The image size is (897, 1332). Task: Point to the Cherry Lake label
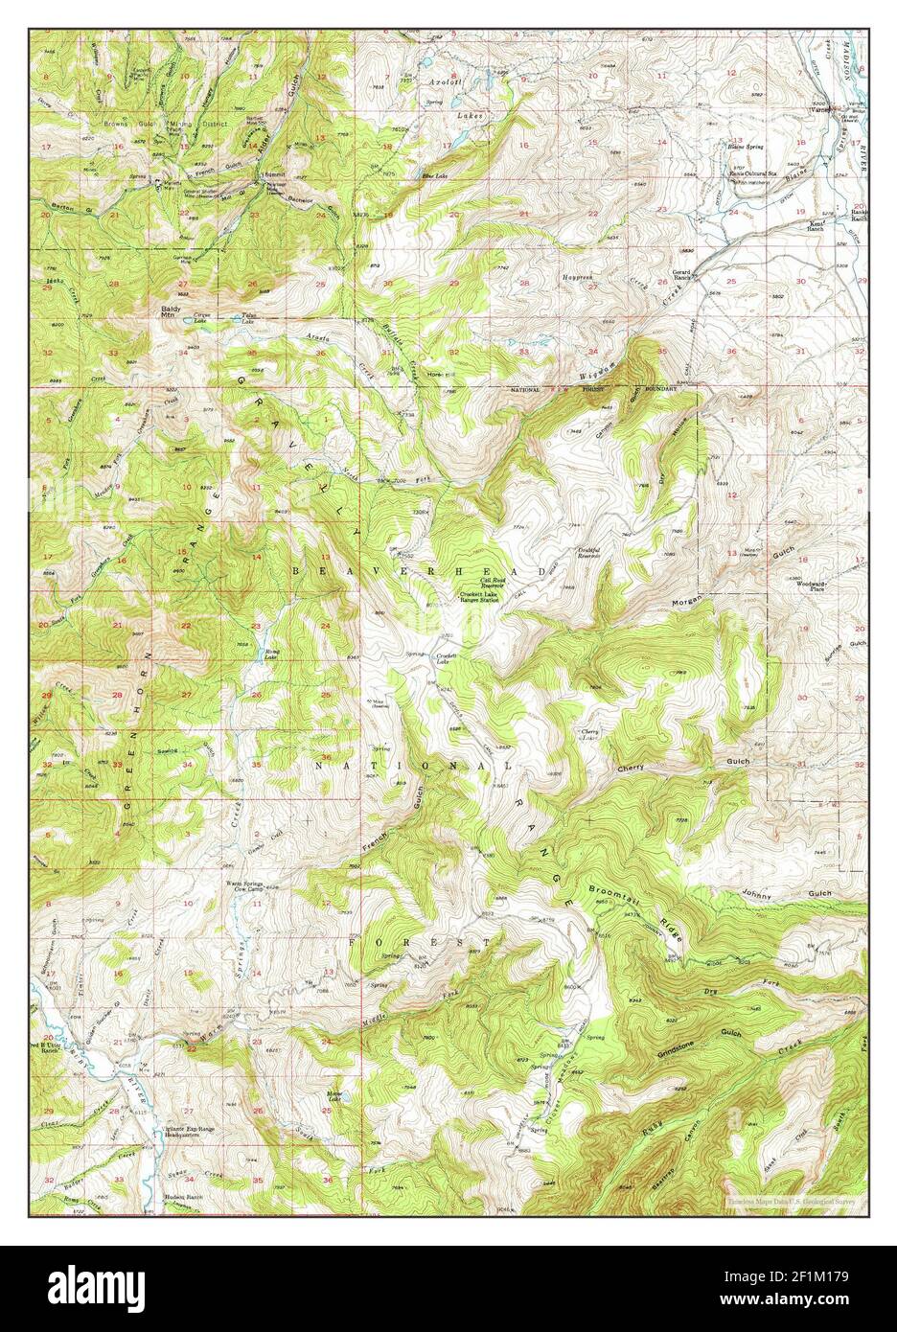(x=589, y=735)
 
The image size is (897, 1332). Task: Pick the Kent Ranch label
(x=816, y=225)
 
